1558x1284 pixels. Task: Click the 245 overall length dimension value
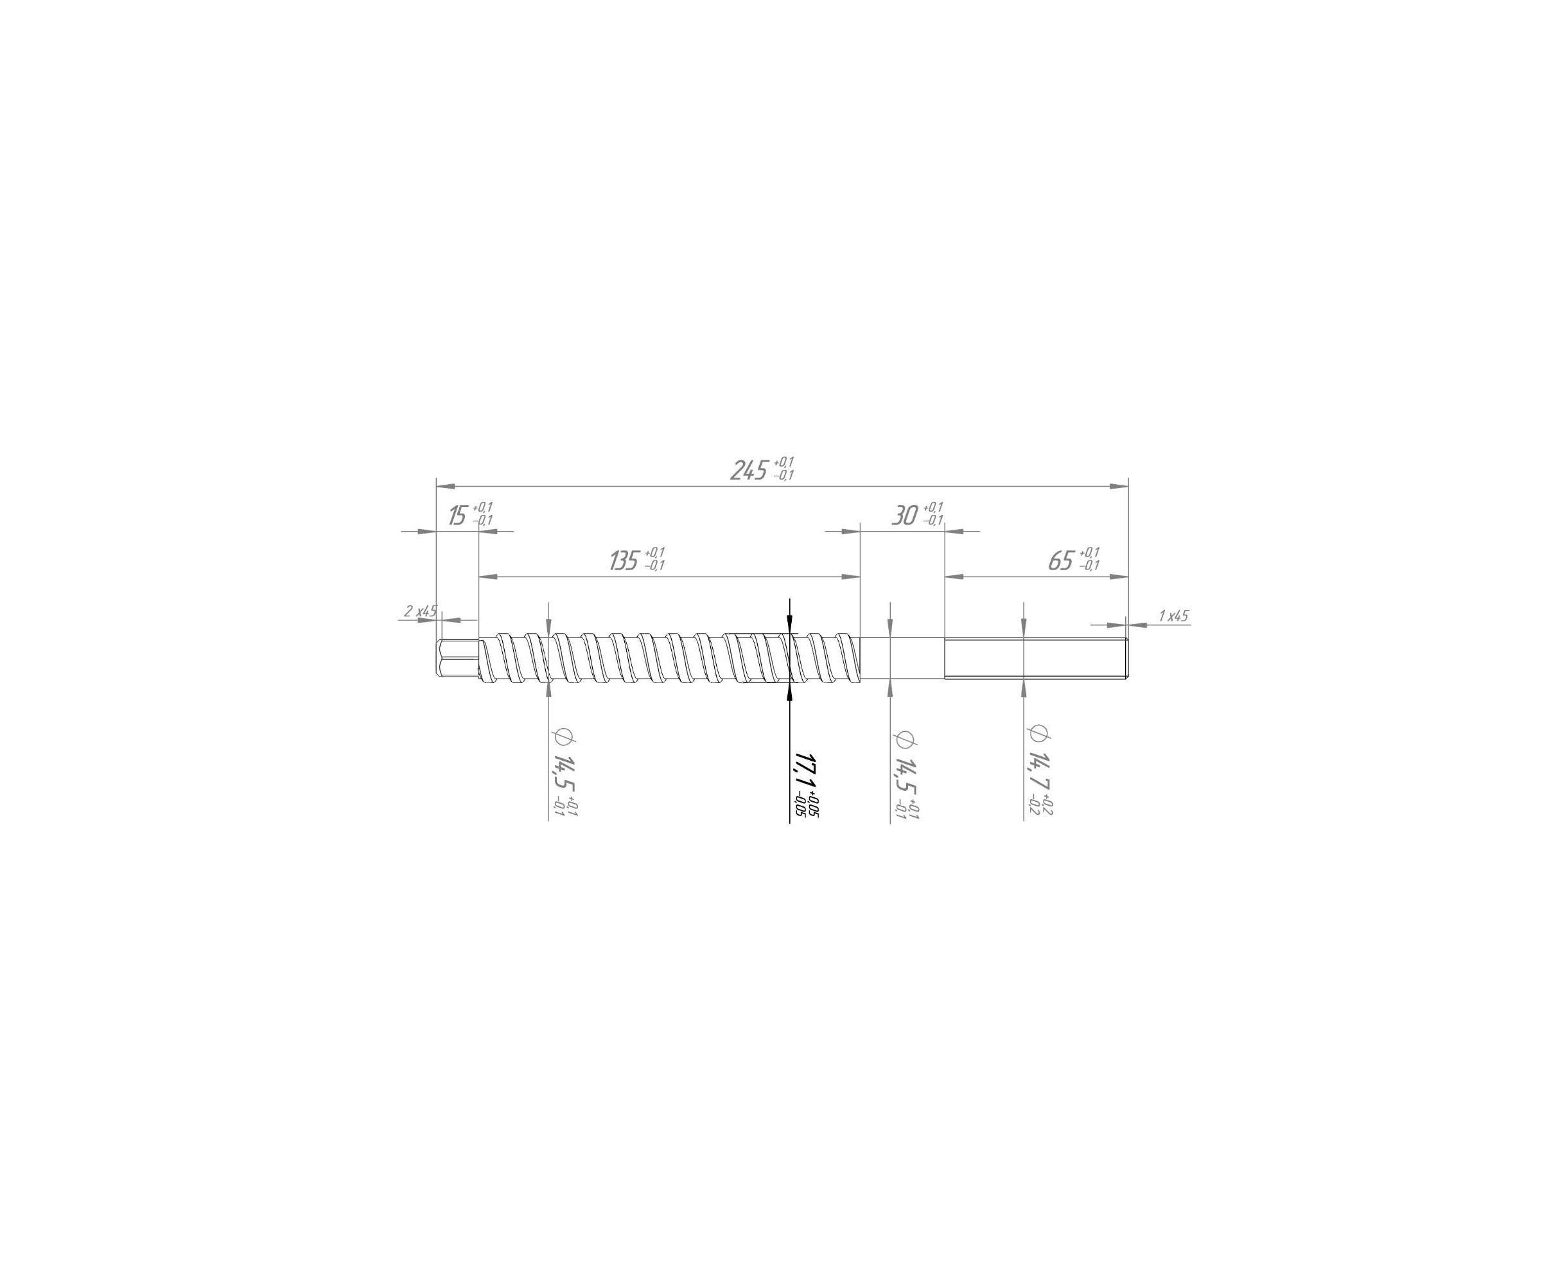[x=749, y=471]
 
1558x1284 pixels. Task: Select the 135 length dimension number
[x=624, y=561]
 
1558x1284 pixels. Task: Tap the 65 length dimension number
[x=1060, y=561]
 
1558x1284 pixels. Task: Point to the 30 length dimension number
[x=904, y=516]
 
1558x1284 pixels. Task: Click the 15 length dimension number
[x=458, y=516]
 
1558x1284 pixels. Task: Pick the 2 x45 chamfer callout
[x=420, y=612]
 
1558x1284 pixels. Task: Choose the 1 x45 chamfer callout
[x=1173, y=616]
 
